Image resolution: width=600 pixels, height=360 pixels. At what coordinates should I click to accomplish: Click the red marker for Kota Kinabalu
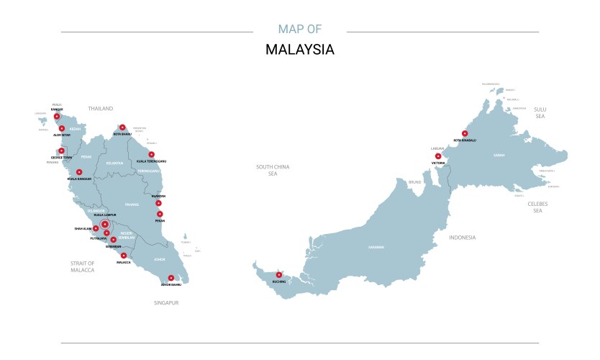coord(465,133)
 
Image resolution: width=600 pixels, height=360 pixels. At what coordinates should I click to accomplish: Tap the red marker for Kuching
coord(278,274)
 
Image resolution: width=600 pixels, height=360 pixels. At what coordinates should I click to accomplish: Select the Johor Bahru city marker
coord(171,278)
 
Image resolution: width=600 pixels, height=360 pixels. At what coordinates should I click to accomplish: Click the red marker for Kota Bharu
coord(122,127)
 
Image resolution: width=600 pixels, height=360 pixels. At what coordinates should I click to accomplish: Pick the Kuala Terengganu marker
coord(151,154)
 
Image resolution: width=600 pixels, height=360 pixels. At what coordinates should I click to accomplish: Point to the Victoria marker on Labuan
coord(438,156)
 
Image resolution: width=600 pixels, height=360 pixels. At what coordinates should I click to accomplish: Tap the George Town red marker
coord(61,151)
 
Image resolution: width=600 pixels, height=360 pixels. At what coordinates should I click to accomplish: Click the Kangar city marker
coord(57,116)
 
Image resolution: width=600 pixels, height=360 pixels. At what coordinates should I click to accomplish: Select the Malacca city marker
coord(124,256)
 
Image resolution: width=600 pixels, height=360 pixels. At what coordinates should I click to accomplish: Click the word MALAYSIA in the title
coord(299,50)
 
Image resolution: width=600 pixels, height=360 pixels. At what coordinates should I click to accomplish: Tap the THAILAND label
coord(101,109)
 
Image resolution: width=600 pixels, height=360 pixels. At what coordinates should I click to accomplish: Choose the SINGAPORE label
coord(165,303)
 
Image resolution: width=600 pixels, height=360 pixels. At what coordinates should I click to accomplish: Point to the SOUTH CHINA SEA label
coord(273,170)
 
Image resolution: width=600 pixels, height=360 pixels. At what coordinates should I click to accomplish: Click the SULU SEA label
coord(540,112)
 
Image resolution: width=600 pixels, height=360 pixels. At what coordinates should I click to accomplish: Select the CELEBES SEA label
coord(537,207)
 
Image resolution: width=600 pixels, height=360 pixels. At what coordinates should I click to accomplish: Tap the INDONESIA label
coord(462,238)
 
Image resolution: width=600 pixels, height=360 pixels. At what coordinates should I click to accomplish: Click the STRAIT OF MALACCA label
coord(83,266)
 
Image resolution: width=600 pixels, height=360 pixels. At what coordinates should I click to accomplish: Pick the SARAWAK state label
coord(376,247)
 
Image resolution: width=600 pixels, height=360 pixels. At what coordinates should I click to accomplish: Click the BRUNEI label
coord(414,182)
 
